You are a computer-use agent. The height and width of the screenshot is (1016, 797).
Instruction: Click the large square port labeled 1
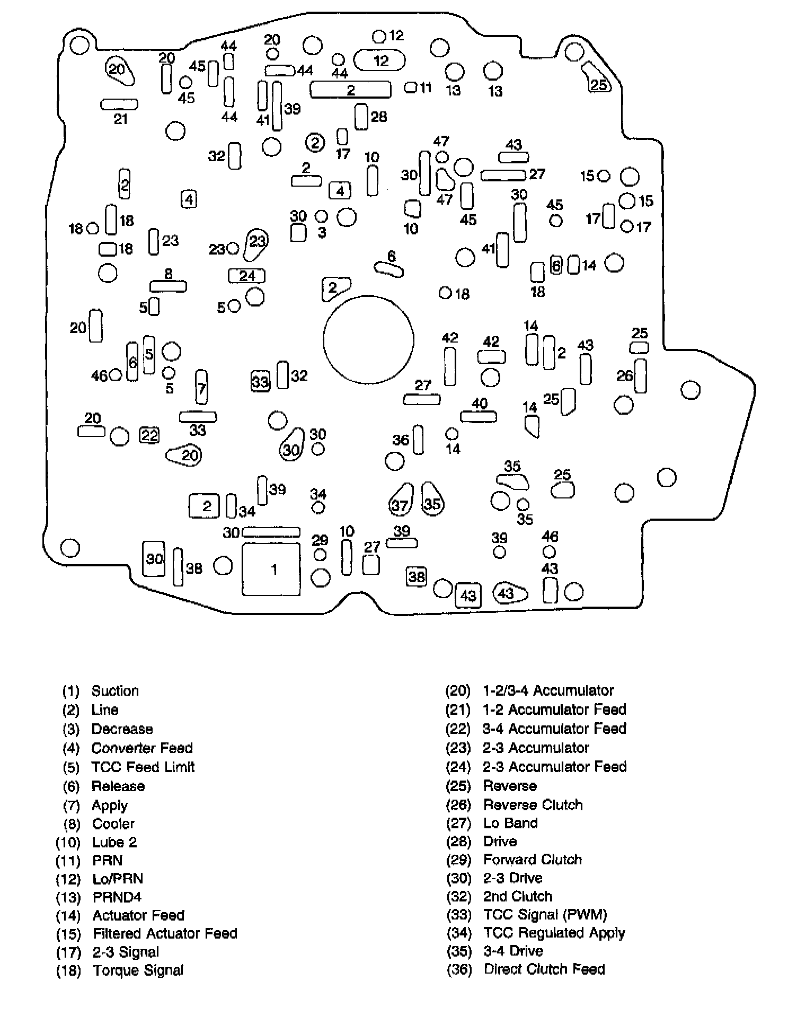pos(271,569)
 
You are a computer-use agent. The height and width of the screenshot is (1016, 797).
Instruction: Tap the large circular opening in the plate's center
pos(368,340)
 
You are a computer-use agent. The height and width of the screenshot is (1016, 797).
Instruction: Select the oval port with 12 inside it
pos(379,60)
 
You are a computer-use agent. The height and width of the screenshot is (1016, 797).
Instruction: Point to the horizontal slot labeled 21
pos(119,104)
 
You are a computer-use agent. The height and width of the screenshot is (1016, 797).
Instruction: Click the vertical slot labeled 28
pos(361,117)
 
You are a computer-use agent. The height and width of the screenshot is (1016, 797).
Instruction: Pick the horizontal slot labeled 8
pos(168,286)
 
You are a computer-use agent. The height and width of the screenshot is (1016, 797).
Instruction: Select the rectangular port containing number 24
pos(246,276)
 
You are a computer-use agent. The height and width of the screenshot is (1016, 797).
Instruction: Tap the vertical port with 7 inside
pos(201,388)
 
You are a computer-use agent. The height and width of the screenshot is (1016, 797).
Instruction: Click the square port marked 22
pos(149,435)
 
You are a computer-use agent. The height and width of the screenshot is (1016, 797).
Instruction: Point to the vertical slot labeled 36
pos(418,440)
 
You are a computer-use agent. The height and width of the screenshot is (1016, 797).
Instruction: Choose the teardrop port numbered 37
pos(401,500)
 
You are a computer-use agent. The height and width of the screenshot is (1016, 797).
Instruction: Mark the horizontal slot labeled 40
pos(478,417)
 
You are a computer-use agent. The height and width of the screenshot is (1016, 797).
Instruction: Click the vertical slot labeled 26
pos(640,375)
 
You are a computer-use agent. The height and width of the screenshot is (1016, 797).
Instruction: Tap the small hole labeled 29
pos(320,555)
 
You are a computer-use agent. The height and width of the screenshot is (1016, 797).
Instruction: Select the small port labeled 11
pos(411,87)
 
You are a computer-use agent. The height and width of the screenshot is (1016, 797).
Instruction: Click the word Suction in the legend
pos(115,690)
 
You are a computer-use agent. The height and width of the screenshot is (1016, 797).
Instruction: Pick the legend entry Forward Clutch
pos(532,859)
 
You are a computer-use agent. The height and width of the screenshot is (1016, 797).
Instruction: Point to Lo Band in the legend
pos(510,822)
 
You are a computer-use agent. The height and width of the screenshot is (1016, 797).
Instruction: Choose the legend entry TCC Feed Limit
pos(143,767)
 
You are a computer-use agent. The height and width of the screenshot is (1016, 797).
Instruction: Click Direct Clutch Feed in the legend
pos(544,969)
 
